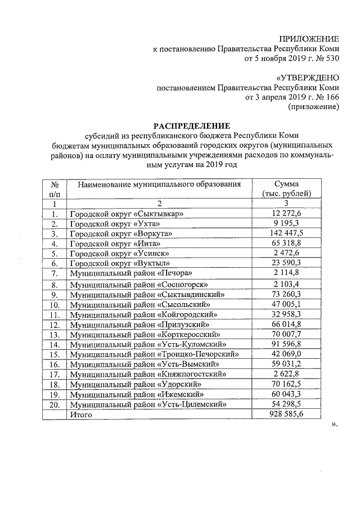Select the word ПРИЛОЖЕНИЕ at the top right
pyautogui.click(x=312, y=39)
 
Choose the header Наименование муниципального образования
pyautogui.click(x=159, y=184)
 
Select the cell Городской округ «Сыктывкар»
pyautogui.click(x=127, y=214)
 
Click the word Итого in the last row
pyautogui.click(x=80, y=415)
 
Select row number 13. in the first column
pyautogui.click(x=55, y=335)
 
